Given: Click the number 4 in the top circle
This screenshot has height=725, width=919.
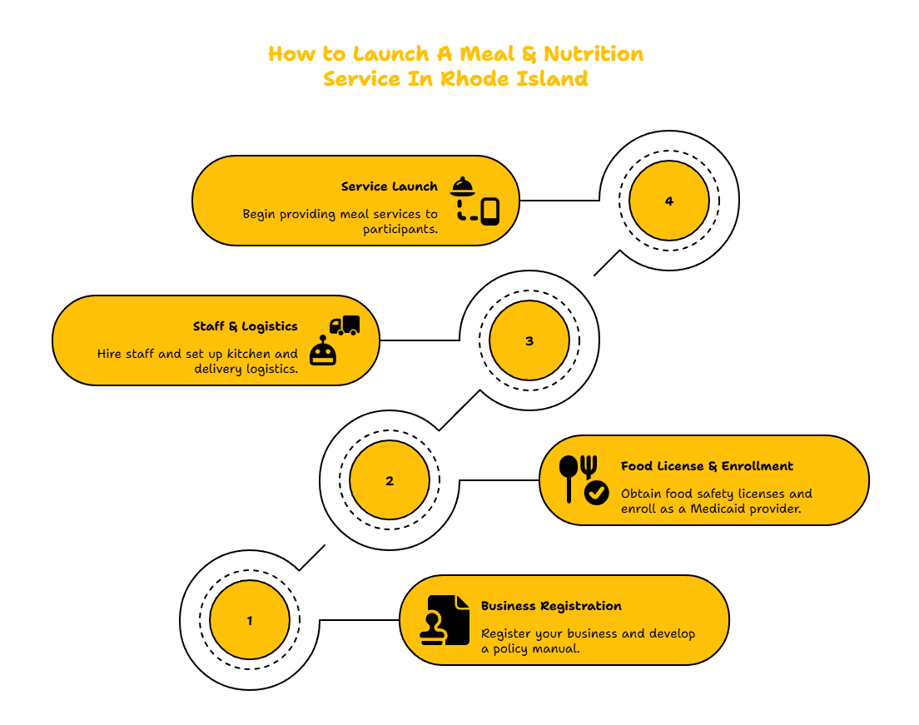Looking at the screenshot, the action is pyautogui.click(x=668, y=201).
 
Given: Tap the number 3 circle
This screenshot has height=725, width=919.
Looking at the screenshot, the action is pyautogui.click(x=529, y=340).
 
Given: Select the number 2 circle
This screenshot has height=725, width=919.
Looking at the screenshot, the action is pyautogui.click(x=390, y=480).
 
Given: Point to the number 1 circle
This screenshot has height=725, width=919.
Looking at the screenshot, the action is pyautogui.click(x=250, y=620).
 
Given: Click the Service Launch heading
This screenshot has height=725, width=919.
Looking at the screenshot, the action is pyautogui.click(x=390, y=186).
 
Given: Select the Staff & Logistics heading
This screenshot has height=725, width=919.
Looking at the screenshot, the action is pyautogui.click(x=245, y=326).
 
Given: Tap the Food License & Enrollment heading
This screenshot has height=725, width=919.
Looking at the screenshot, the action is pyautogui.click(x=707, y=466).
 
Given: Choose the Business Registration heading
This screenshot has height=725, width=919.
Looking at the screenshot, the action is pyautogui.click(x=551, y=606).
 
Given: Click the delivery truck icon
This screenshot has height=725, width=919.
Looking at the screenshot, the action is pyautogui.click(x=345, y=325).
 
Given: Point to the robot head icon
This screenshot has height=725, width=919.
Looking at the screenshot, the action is pyautogui.click(x=323, y=350).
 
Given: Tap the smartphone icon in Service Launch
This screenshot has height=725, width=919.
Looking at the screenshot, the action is pyautogui.click(x=490, y=211).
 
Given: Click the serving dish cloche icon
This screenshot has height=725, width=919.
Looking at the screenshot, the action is pyautogui.click(x=463, y=186).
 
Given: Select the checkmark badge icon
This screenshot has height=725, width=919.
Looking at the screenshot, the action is pyautogui.click(x=597, y=493).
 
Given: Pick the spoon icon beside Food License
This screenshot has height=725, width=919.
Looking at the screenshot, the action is pyautogui.click(x=569, y=479).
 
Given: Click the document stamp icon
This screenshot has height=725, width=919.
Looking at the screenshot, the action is pyautogui.click(x=445, y=620).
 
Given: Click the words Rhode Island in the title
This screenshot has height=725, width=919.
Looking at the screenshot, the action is pyautogui.click(x=514, y=78).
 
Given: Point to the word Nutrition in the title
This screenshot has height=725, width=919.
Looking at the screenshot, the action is pyautogui.click(x=594, y=54).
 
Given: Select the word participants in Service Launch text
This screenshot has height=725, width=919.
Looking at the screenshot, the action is pyautogui.click(x=400, y=229).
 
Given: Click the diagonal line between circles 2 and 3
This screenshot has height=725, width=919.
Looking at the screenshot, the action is pyautogui.click(x=460, y=410).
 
